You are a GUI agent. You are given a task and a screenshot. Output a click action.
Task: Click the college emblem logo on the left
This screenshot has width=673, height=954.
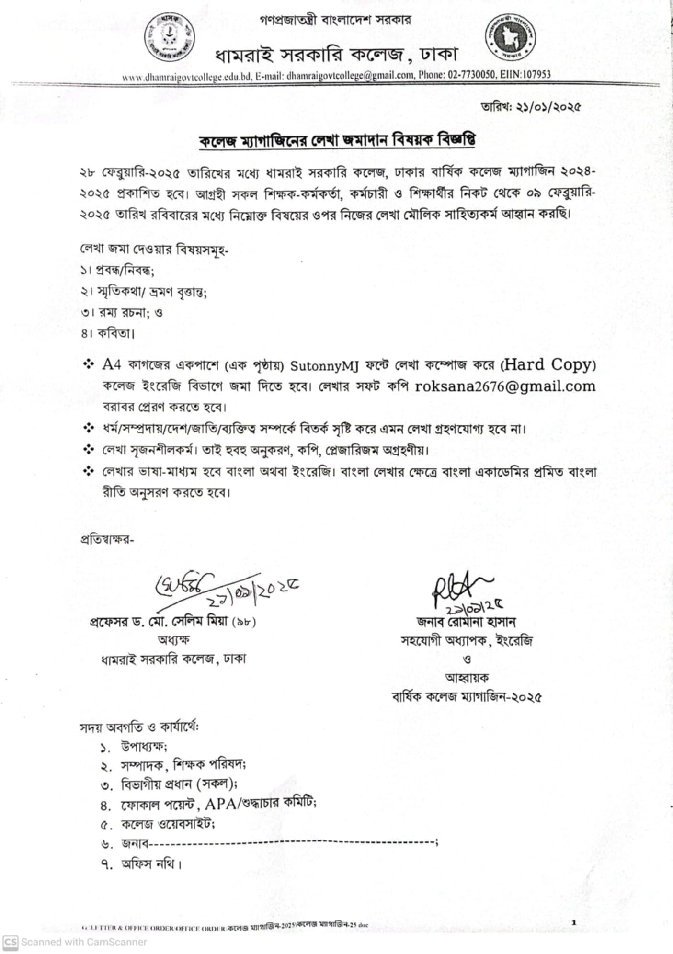coord(169,38)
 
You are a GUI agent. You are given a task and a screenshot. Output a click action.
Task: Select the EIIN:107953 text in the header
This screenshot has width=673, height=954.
coord(526,75)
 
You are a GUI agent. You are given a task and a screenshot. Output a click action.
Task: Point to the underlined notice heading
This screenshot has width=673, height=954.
coord(337,141)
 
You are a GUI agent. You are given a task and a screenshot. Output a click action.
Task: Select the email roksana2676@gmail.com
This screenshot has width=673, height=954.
coord(505,386)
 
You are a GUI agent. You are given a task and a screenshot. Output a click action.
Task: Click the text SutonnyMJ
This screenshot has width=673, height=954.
coord(325,366)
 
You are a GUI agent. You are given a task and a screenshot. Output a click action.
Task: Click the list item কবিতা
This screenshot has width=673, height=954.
coord(115,334)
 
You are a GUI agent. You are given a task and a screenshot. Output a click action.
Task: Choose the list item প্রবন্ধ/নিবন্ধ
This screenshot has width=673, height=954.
coord(125,271)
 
